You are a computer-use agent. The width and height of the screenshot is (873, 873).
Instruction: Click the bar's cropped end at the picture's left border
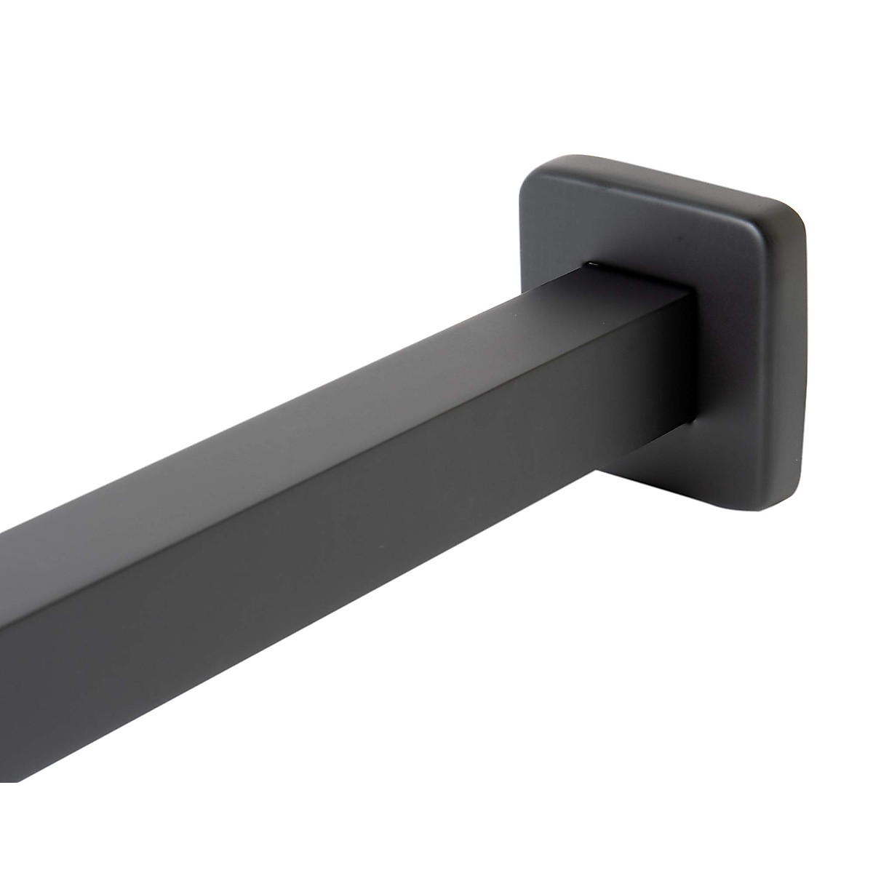click(x=4, y=655)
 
